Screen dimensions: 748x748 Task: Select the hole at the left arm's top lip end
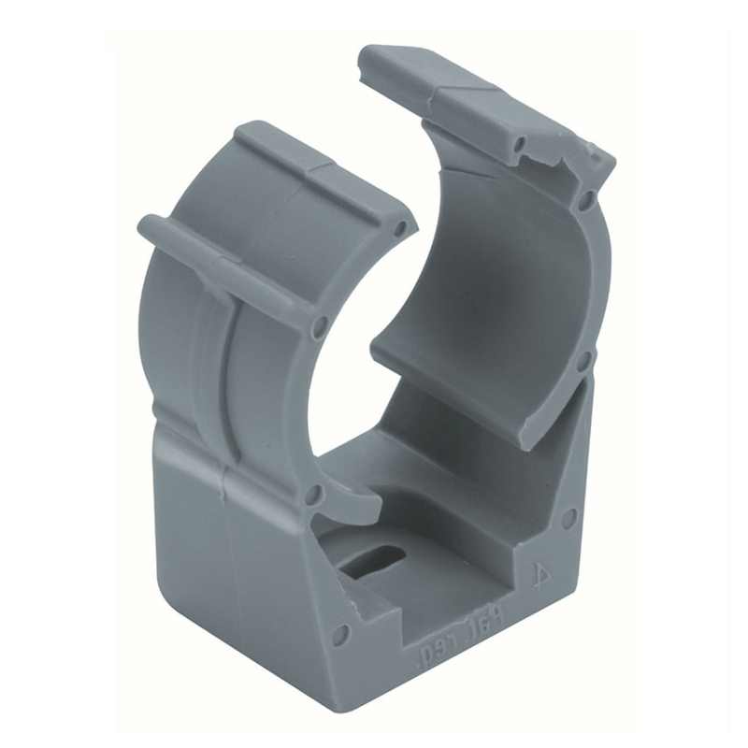pyautogui.click(x=401, y=227)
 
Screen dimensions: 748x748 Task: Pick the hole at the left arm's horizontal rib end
pyautogui.click(x=317, y=326)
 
